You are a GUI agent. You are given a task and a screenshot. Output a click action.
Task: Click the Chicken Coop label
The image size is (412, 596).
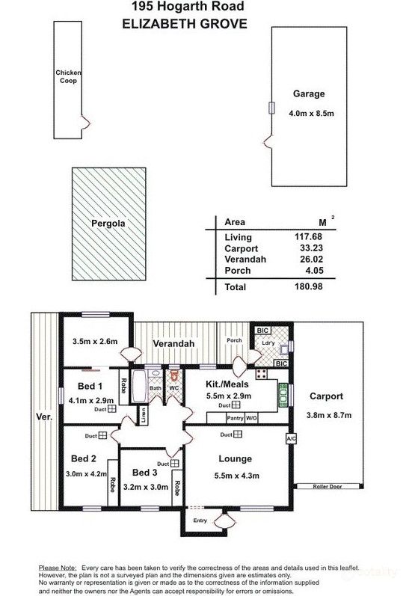tap(68, 76)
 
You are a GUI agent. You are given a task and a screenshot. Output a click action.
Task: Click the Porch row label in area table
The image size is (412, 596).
tap(236, 271)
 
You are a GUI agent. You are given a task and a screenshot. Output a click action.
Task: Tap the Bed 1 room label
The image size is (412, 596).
tap(90, 387)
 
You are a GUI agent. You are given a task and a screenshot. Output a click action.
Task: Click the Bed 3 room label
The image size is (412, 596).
tap(145, 473)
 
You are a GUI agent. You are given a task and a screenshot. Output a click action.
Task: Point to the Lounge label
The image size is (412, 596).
tap(236, 458)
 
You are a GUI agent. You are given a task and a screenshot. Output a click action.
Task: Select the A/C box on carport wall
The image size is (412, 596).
tap(291, 438)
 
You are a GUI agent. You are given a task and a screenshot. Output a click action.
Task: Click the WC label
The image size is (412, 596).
tap(173, 389)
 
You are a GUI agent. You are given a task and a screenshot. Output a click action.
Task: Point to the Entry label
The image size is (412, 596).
tap(200, 520)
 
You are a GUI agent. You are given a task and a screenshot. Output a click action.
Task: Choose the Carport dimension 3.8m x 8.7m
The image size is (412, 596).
tap(324, 415)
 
